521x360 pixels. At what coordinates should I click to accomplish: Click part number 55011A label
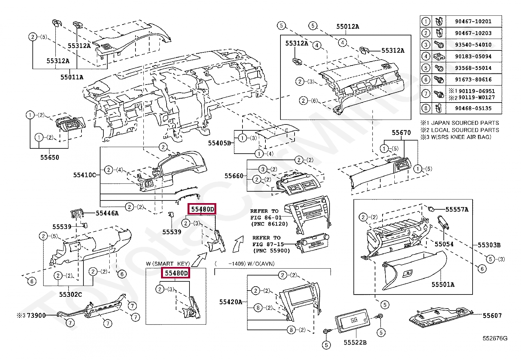click(72, 77)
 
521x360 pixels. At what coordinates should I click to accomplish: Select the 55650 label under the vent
click(50, 158)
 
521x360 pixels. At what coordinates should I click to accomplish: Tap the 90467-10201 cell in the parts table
click(473, 21)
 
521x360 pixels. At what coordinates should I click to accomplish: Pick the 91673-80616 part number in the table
click(473, 80)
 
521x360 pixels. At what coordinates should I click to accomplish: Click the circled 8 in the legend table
click(425, 108)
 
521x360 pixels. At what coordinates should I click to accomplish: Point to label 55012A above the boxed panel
click(348, 27)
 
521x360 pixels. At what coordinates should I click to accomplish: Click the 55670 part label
click(401, 133)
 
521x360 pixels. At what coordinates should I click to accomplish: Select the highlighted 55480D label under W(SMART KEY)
click(176, 273)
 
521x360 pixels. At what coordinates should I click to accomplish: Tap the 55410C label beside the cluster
click(84, 175)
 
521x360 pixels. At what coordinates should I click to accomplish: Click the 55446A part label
click(107, 213)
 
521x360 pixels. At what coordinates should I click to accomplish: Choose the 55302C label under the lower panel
click(70, 294)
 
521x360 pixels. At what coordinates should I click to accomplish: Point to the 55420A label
click(230, 302)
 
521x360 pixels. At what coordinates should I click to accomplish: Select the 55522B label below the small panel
click(355, 343)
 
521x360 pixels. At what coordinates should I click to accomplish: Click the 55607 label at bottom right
click(492, 315)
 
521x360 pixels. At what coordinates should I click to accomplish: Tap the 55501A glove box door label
click(443, 285)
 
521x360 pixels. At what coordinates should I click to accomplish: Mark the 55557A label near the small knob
click(457, 210)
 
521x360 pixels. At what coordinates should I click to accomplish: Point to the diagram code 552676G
click(494, 338)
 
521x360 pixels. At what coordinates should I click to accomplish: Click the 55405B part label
click(219, 143)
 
